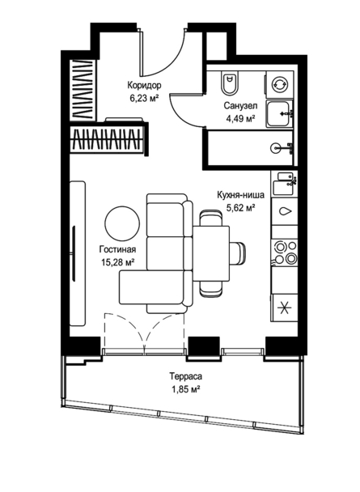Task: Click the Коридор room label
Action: pyautogui.click(x=144, y=85)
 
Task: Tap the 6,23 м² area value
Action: pyautogui.click(x=144, y=98)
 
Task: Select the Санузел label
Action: pyautogui.click(x=240, y=105)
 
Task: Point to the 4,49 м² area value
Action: pyautogui.click(x=240, y=118)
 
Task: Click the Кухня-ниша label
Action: pyautogui.click(x=240, y=195)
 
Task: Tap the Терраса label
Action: pyautogui.click(x=185, y=376)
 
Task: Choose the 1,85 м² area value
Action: pyautogui.click(x=185, y=389)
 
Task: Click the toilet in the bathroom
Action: pyautogui.click(x=230, y=83)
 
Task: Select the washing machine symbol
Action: pyautogui.click(x=279, y=84)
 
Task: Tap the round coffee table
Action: pyautogui.click(x=122, y=223)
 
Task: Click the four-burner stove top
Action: pyautogui.click(x=284, y=252)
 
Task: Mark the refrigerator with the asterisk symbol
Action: pyautogui.click(x=284, y=307)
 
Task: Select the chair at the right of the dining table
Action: pyautogui.click(x=239, y=253)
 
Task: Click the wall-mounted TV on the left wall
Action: pyautogui.click(x=74, y=253)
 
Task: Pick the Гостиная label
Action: pyautogui.click(x=118, y=249)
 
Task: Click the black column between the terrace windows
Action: pyautogui.click(x=204, y=346)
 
